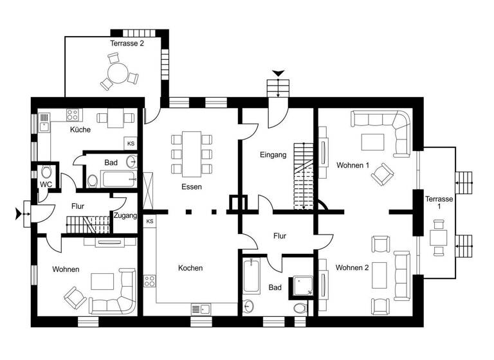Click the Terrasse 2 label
coord(127,44)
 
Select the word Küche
coord(80,130)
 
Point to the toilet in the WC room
coord(45,172)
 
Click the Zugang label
coord(125,216)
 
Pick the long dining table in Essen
coord(192,154)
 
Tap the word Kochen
coord(191,268)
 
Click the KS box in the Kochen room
coord(150,222)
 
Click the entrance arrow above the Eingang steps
coord(278,74)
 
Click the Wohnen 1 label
coord(352,165)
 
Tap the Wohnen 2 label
coord(352,267)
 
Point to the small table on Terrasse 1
coord(439,235)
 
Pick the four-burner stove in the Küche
coord(73,116)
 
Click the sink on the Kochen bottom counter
coord(201,309)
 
